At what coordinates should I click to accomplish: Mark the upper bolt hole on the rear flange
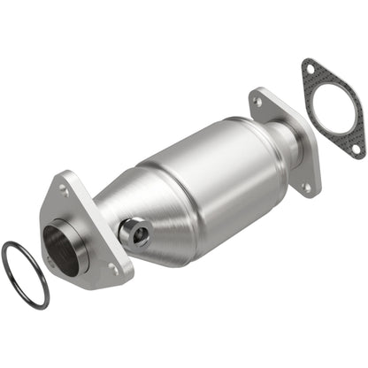tap(257, 103)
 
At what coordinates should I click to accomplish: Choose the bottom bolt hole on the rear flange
tap(307, 188)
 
